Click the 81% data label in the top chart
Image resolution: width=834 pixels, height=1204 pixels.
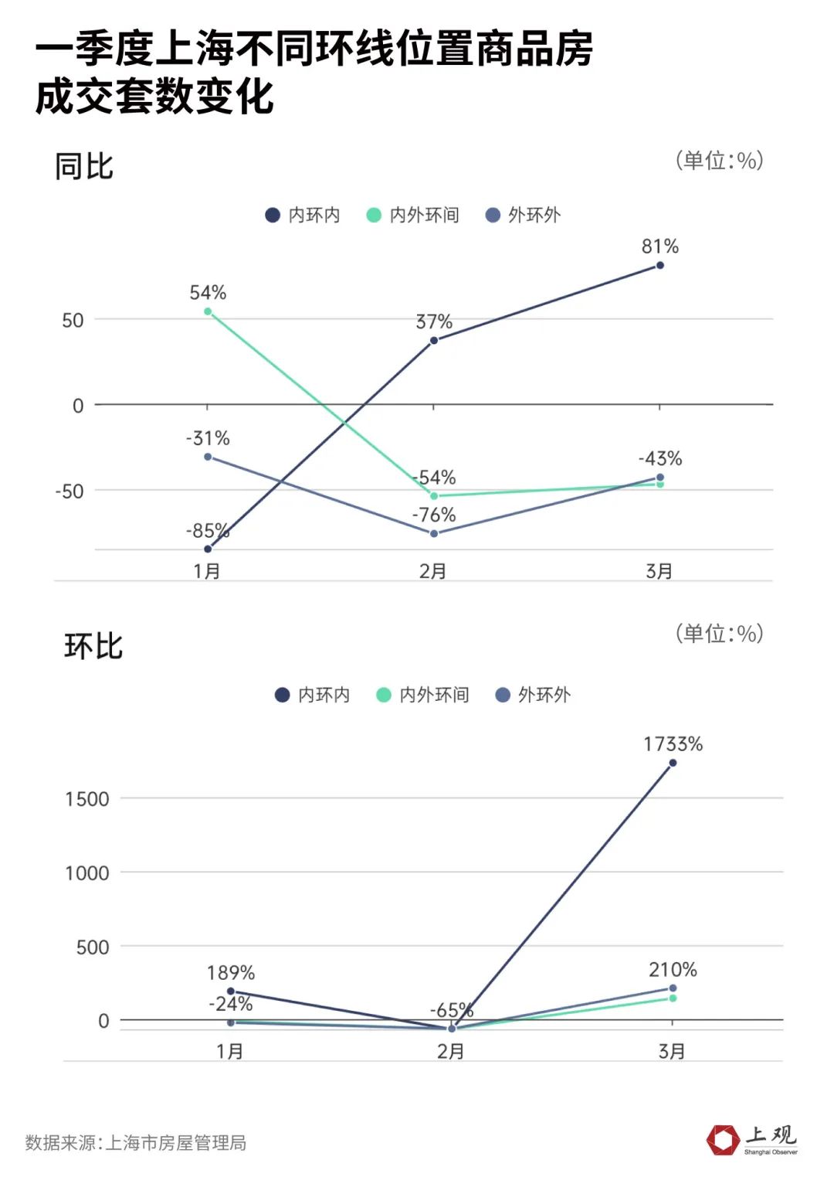pos(660,247)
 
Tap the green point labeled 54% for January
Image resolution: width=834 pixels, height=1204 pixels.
pos(208,311)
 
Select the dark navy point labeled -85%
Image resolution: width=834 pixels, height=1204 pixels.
pos(208,549)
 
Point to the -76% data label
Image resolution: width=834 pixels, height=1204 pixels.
pos(434,515)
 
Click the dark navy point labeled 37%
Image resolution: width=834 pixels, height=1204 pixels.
pos(434,340)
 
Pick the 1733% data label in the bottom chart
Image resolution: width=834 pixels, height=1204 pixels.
pos(673,744)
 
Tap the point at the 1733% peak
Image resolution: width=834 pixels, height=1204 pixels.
pos(673,763)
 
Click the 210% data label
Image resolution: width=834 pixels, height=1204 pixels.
pos(673,969)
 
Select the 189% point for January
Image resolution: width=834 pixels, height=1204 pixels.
pos(231,991)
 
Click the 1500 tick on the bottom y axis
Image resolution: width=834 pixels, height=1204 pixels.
pos(87,799)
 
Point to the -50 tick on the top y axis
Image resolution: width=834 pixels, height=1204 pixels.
pos(69,491)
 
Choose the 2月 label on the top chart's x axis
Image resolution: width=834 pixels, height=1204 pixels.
pos(433,571)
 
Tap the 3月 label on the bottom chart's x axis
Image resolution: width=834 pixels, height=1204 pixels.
pos(672,1051)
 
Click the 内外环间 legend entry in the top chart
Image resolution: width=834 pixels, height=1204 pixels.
pos(413,215)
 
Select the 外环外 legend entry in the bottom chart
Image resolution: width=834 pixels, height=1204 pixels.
pos(534,695)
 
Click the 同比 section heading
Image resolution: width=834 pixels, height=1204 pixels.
pos(84,166)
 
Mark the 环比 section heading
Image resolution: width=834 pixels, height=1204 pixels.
pos(93,646)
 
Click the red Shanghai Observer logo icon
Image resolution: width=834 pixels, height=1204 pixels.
pos(723,1140)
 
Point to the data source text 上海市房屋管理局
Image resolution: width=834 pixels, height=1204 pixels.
pos(175,1143)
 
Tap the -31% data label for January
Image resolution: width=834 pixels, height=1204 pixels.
pos(208,438)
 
